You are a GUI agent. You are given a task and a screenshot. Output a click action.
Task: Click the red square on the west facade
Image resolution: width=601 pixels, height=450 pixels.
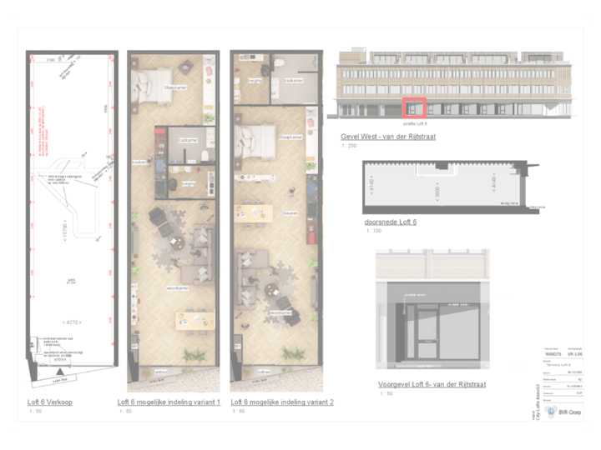coord(414,107)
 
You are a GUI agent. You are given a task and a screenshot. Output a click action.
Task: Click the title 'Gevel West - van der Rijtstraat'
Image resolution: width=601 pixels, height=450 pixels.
coord(388,135)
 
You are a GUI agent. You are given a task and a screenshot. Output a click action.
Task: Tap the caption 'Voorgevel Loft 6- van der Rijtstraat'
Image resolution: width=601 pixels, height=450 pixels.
coord(432,384)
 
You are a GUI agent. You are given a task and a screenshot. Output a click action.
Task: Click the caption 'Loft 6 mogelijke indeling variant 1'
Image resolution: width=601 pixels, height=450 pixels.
coord(169,402)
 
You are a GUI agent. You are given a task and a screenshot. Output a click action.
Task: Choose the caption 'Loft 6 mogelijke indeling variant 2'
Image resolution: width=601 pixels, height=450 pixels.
coord(281,402)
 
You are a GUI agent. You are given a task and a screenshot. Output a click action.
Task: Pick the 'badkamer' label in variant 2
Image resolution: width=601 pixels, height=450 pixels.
coord(293,81)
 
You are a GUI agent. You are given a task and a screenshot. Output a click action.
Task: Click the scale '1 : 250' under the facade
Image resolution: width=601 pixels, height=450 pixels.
coord(349,146)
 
